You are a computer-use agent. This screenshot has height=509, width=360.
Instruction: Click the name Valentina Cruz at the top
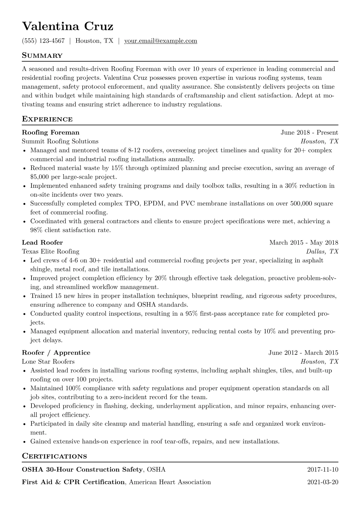click(68, 27)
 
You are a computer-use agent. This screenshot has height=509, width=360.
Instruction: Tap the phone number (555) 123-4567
click(43, 41)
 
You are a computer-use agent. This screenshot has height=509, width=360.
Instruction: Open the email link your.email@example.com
click(161, 41)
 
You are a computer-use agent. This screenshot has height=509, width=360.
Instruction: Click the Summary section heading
click(42, 56)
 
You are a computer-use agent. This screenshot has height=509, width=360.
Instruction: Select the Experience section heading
click(47, 119)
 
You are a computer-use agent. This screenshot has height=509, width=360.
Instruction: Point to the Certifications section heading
click(54, 456)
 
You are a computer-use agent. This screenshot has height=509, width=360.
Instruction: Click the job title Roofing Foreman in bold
click(51, 132)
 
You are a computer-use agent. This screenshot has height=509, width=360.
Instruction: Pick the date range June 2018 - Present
click(309, 132)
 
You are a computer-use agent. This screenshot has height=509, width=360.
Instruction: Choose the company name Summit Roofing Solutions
click(60, 141)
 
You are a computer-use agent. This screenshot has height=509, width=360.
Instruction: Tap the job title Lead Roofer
click(42, 243)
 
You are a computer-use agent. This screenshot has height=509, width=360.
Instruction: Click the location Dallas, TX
click(322, 251)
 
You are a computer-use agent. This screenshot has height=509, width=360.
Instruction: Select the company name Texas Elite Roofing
click(51, 251)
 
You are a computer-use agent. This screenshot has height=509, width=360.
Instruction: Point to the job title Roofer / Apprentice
click(56, 353)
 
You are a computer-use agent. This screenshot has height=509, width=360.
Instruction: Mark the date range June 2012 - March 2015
click(303, 353)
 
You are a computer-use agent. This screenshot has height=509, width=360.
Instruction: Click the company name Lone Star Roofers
click(48, 361)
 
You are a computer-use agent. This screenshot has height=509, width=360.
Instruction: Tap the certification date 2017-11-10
click(322, 470)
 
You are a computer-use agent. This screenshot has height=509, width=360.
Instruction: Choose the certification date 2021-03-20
click(322, 482)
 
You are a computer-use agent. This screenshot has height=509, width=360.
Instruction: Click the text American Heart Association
click(170, 482)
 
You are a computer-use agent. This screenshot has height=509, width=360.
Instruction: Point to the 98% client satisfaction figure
click(37, 230)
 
